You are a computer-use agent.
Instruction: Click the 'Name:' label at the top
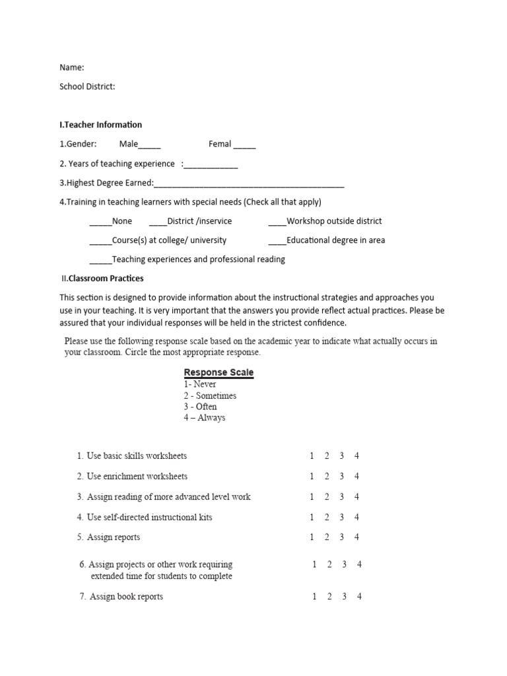72,67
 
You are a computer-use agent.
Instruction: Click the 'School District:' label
87,86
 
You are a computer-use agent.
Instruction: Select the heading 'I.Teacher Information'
100,125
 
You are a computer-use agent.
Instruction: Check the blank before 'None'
100,222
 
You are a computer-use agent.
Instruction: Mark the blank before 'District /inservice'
158,222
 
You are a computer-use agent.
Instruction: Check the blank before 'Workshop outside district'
277,222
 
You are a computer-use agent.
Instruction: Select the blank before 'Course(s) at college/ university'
100,242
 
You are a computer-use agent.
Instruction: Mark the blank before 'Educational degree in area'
277,242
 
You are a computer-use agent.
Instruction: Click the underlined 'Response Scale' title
219,372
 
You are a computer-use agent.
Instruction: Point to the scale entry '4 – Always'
205,418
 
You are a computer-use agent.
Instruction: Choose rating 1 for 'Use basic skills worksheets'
312,456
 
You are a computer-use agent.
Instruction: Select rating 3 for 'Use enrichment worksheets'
342,477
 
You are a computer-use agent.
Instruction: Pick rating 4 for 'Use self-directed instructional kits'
356,518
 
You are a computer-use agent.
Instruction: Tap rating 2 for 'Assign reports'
327,537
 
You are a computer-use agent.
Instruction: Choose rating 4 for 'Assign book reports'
359,597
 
